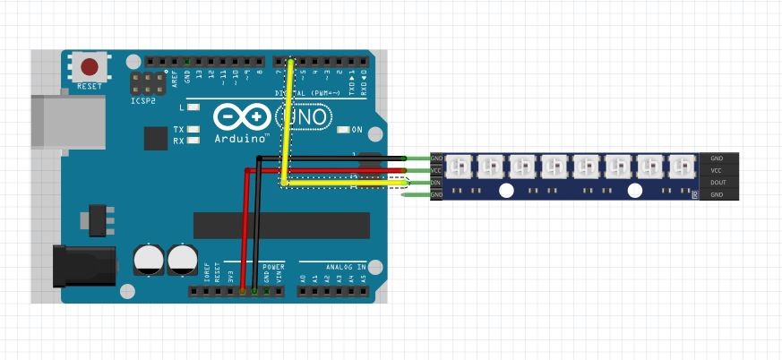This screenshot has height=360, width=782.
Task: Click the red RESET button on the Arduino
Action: point(90,67)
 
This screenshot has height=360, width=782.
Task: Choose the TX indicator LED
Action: point(192,129)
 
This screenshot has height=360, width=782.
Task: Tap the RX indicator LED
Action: point(192,141)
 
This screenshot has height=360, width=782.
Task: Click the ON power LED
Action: point(344,130)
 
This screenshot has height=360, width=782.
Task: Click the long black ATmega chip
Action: point(281,226)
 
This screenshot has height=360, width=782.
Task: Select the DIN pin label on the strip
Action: point(436,183)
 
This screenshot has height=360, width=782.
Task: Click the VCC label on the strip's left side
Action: point(436,170)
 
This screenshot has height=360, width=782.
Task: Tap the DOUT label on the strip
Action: point(717,182)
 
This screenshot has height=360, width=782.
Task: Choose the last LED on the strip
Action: point(682,167)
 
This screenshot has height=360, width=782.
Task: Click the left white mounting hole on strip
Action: point(506,190)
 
